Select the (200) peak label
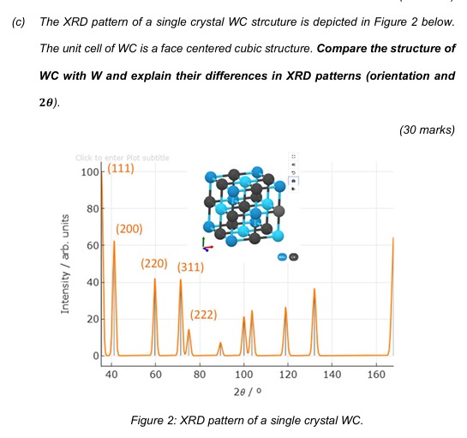(x=129, y=230)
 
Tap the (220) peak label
(x=155, y=262)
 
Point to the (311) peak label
(x=190, y=267)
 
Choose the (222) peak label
(x=203, y=315)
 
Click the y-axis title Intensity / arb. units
(x=65, y=264)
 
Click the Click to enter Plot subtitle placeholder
(x=122, y=157)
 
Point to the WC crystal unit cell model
(x=245, y=207)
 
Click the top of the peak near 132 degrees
(x=314, y=289)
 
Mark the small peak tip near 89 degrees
(x=220, y=343)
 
